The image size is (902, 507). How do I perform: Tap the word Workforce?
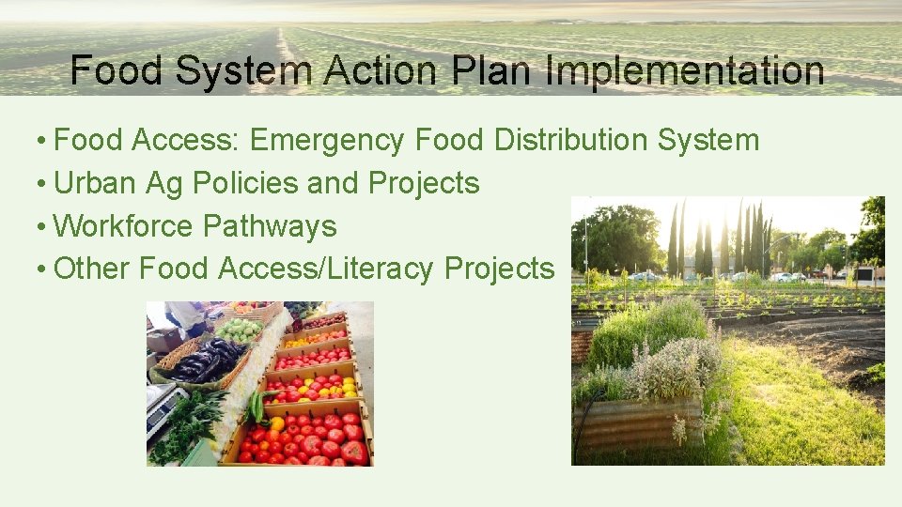point(123,226)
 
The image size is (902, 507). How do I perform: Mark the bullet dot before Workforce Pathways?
point(43,226)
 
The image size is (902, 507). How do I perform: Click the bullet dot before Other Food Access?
point(43,269)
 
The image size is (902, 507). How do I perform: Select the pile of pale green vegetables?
point(239,330)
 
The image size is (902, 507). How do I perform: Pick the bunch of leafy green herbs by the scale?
point(192,422)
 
